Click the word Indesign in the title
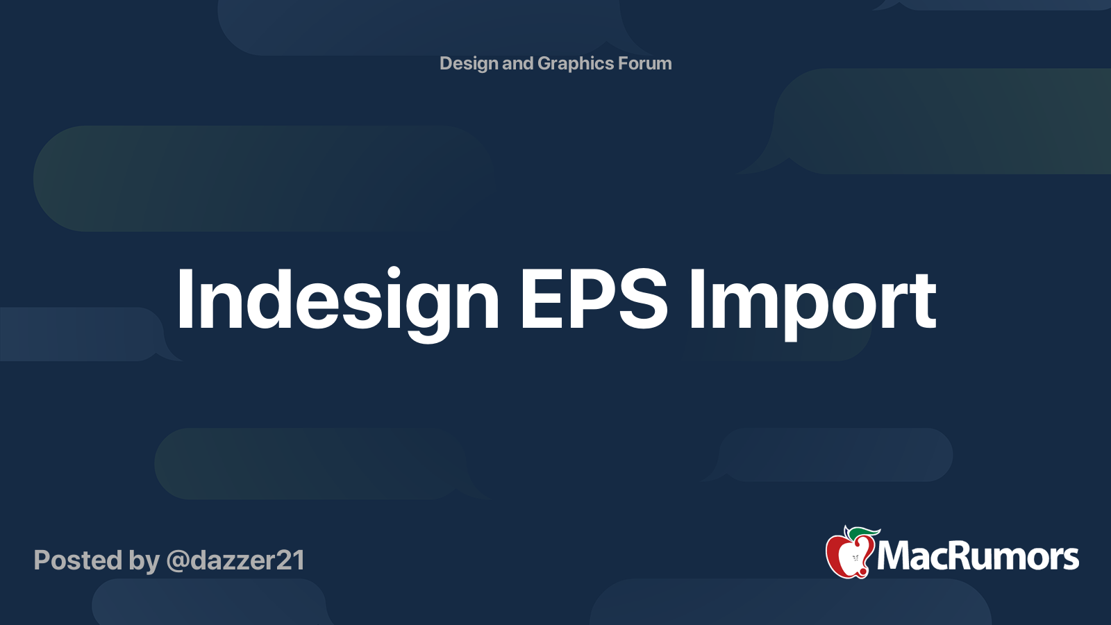(337, 303)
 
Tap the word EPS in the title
(594, 299)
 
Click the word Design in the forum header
(469, 64)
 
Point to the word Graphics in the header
(576, 64)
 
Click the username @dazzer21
(235, 561)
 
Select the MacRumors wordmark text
(978, 556)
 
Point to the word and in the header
(518, 63)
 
